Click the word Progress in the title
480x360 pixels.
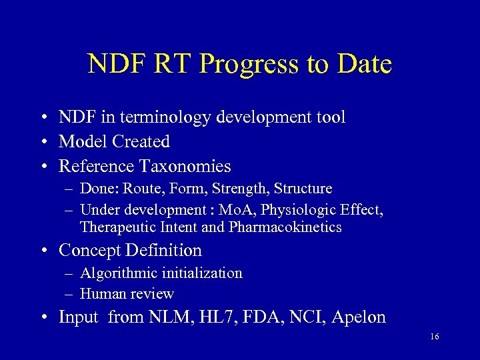click(248, 65)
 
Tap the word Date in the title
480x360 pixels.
click(364, 64)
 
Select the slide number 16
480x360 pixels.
click(434, 337)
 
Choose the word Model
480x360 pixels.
click(83, 141)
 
